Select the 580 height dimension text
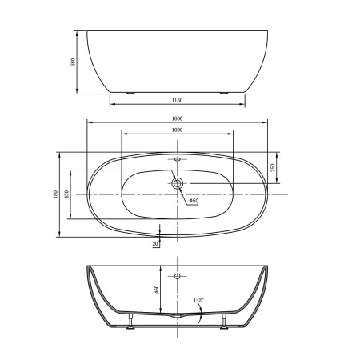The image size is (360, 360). pyautogui.click(x=71, y=62)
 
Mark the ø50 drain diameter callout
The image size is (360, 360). pyautogui.click(x=194, y=200)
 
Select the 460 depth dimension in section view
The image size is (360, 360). pyautogui.click(x=158, y=290)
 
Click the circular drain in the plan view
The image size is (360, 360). pyautogui.click(x=177, y=183)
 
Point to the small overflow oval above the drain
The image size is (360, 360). pyautogui.click(x=177, y=159)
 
